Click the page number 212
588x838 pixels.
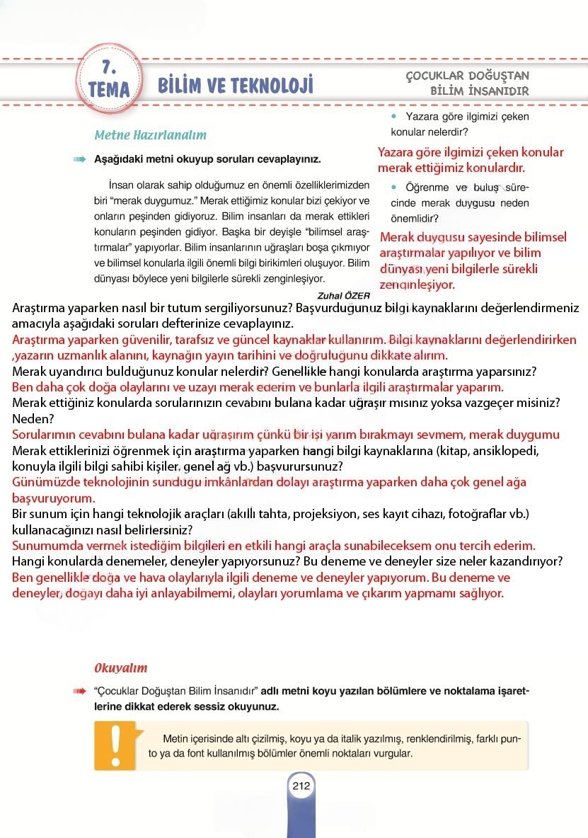[x=301, y=785]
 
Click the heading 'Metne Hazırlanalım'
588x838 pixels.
[x=150, y=134]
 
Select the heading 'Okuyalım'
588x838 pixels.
[x=121, y=667]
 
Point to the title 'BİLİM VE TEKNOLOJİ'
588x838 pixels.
[x=235, y=86]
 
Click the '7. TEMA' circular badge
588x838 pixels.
[x=109, y=79]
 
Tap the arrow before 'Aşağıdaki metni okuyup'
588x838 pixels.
[x=79, y=159]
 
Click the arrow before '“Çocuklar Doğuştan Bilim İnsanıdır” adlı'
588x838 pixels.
[x=79, y=690]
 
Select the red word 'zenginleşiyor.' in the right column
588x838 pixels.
[x=417, y=285]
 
